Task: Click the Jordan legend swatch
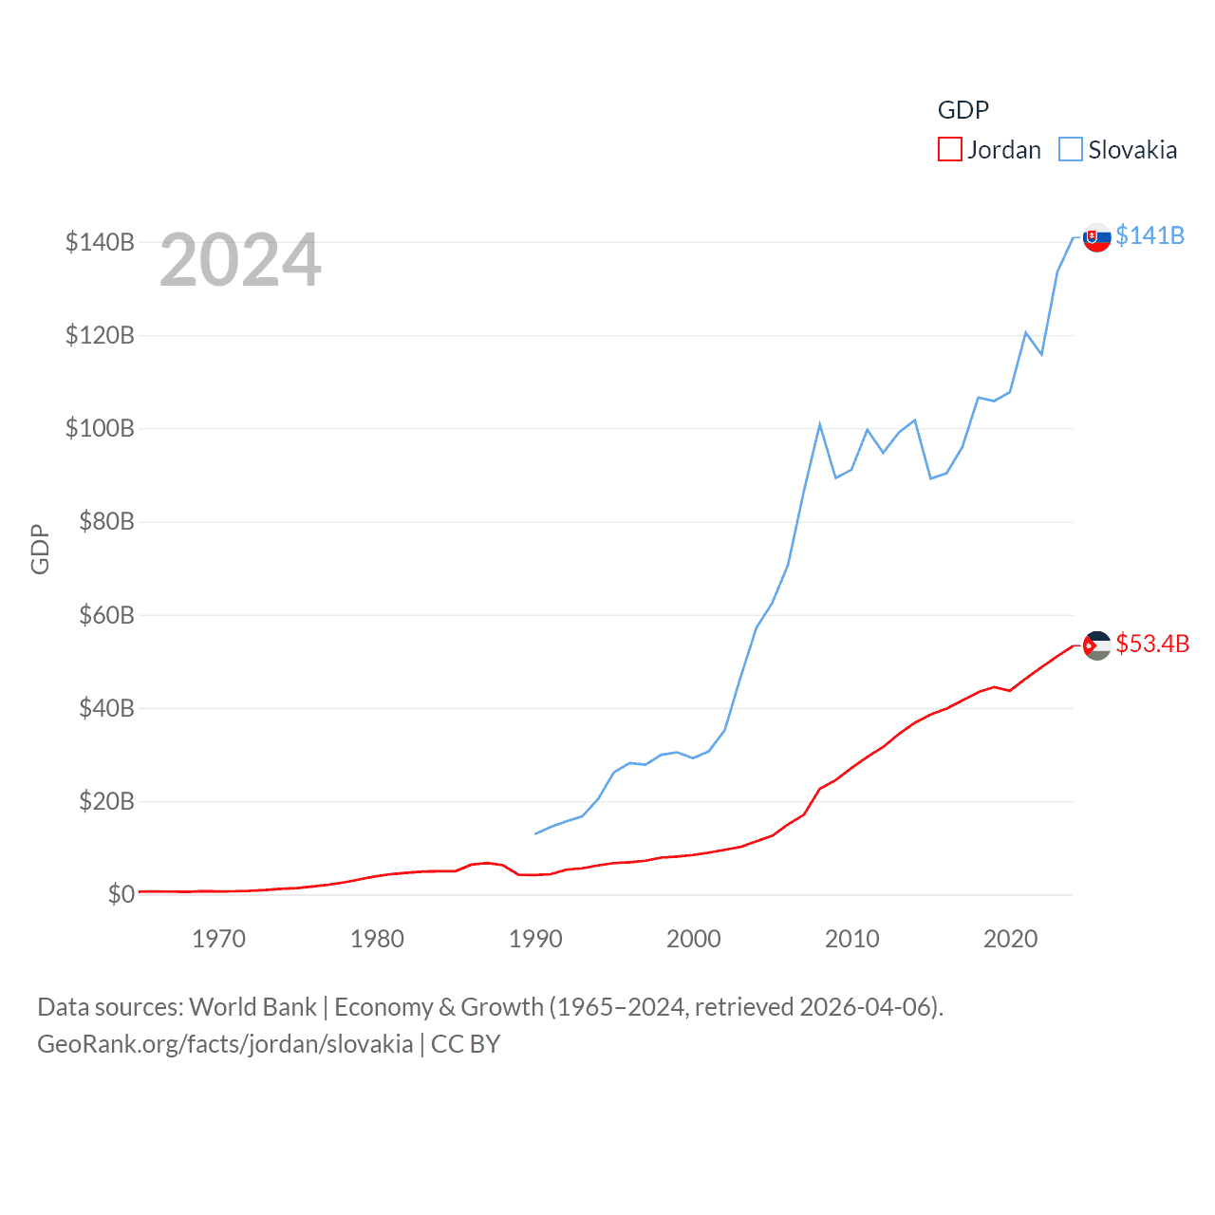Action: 949,150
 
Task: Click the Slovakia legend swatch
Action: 1071,150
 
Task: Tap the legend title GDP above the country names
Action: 963,110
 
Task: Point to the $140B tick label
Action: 100,242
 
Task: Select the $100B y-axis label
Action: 100,428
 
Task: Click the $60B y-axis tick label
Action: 105,615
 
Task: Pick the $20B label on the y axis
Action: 105,801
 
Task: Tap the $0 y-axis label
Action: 121,894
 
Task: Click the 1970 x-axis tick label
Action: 218,939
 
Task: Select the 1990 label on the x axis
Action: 535,939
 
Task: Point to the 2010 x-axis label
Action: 851,939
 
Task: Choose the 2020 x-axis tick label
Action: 1010,939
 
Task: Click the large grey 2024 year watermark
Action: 240,260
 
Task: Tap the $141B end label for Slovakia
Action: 1150,235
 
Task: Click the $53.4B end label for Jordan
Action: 1152,644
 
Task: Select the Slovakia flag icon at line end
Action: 1096,237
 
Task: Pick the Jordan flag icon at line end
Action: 1096,645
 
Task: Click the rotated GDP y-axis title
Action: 40,549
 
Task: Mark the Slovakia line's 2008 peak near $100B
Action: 819,424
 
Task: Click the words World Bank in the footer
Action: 252,1006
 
